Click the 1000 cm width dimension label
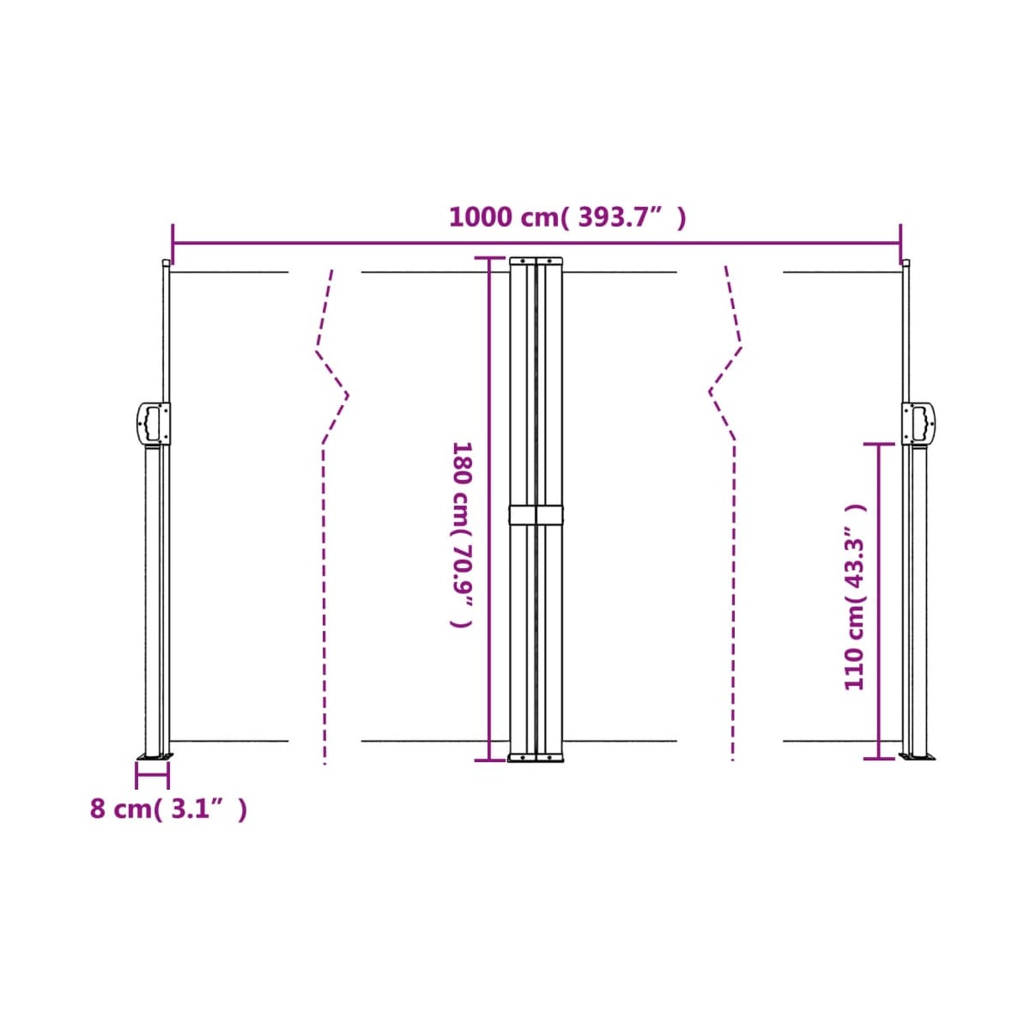[567, 217]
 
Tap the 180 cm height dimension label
[461, 534]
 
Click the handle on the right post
[918, 423]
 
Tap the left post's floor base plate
[155, 756]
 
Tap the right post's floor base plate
[918, 756]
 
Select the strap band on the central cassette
[535, 514]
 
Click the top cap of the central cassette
[536, 261]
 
